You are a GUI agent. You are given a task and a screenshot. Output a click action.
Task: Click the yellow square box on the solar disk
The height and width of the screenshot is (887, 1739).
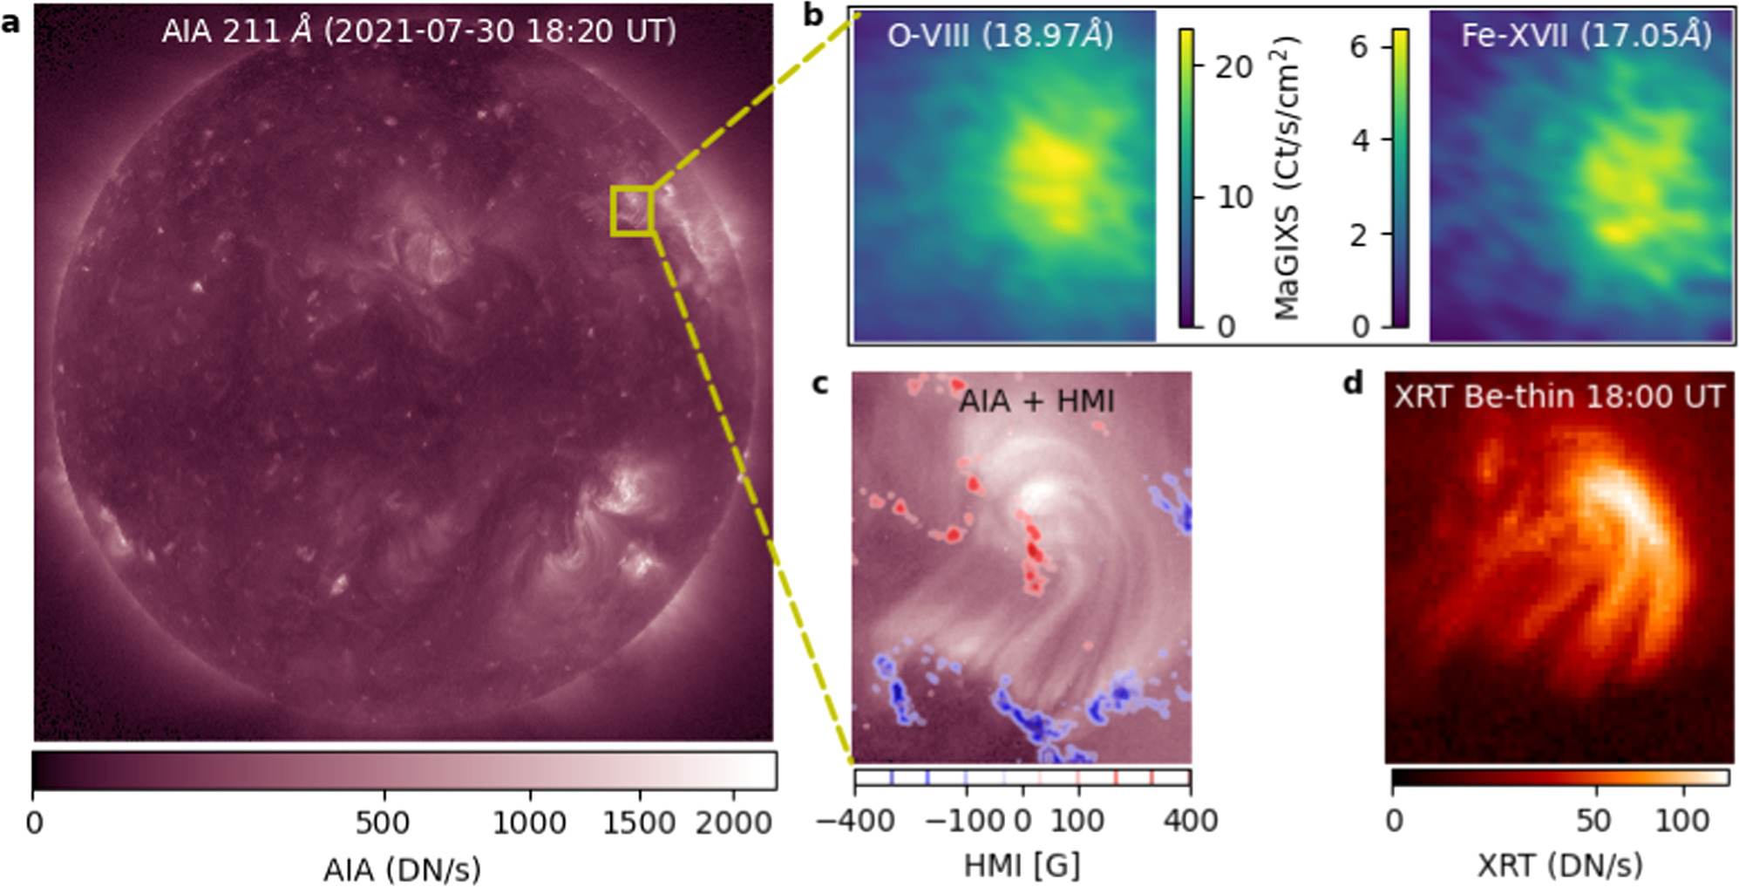coord(632,210)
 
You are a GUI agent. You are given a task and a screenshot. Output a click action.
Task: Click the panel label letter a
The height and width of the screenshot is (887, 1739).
coord(10,22)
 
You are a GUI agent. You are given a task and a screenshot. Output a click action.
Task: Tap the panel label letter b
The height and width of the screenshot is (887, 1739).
coord(813,15)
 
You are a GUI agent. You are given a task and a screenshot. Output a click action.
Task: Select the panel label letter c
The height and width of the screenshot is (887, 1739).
coord(819,384)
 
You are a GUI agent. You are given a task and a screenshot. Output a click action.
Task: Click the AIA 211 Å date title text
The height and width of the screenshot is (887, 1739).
coord(418,31)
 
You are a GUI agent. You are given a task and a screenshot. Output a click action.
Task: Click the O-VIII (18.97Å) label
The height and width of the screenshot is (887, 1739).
coord(1000,35)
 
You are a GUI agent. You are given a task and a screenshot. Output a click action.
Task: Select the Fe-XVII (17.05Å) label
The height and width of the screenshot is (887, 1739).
coord(1586,35)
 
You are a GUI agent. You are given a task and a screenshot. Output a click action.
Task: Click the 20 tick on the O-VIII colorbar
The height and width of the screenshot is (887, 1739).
coord(1233,66)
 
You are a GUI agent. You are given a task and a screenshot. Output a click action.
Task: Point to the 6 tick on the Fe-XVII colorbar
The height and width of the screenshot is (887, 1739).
coord(1358,46)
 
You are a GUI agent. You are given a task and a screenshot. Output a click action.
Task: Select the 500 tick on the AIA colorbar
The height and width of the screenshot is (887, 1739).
coord(382,822)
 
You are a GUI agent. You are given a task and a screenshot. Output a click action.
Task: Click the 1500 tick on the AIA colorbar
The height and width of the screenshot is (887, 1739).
coord(639,822)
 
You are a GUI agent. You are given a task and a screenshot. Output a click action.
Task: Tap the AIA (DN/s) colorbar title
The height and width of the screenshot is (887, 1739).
coord(402,869)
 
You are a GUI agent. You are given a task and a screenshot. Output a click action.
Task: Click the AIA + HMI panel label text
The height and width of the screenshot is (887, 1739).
coord(1036,401)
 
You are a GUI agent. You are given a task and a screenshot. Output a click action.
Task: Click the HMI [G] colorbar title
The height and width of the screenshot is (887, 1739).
coord(1022,865)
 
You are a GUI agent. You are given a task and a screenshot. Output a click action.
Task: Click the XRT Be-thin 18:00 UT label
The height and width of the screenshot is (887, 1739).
coord(1559,397)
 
